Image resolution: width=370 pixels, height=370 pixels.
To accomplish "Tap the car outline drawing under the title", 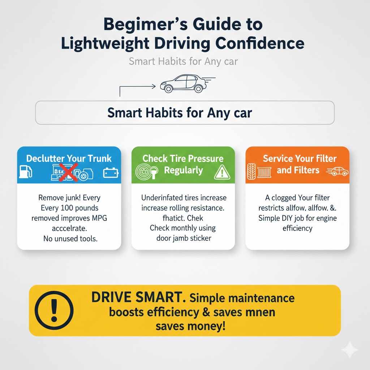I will [184, 83].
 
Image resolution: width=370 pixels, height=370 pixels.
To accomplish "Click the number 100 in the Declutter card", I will [64, 208].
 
